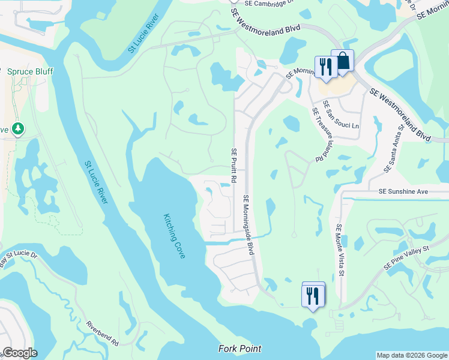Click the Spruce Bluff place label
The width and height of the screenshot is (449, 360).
click(29, 71)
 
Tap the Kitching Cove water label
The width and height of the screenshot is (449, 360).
click(175, 236)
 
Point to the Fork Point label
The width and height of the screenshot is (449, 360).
click(240, 349)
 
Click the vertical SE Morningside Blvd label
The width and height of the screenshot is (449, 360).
click(247, 224)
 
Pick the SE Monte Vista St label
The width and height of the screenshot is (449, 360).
click(340, 250)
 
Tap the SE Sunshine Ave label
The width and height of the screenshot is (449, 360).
click(403, 191)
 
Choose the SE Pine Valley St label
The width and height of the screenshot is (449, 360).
click(408, 257)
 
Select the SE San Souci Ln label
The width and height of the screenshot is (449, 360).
click(340, 115)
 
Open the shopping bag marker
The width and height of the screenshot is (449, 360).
click(342, 62)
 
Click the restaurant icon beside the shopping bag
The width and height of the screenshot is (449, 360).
click(325, 67)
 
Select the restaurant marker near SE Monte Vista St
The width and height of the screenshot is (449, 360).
click(313, 295)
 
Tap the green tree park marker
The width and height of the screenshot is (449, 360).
click(18, 128)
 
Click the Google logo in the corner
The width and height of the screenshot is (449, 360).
click(19, 352)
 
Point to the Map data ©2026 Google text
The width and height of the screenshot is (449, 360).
click(412, 355)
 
